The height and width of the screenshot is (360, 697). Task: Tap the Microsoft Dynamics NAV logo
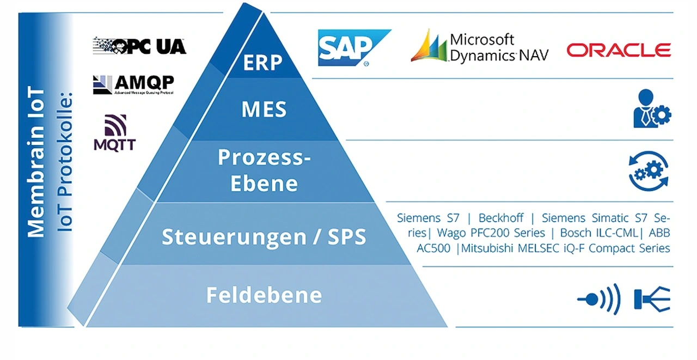coord(479,46)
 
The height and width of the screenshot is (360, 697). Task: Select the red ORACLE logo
coord(619,51)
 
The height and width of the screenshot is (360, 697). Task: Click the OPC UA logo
coord(139,46)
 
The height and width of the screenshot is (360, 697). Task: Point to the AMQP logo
coord(133,84)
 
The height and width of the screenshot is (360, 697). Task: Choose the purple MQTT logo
coord(115,132)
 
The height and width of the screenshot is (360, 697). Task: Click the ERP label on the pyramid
coord(263,63)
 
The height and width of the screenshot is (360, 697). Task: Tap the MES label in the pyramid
coord(264,109)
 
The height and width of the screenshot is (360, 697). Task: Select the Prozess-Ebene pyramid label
coord(264,170)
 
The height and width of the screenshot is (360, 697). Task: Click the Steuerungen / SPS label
coord(264,237)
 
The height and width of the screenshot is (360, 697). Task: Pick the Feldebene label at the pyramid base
coord(264,295)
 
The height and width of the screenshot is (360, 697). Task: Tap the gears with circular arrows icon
coord(649,171)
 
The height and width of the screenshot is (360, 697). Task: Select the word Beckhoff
coord(501,218)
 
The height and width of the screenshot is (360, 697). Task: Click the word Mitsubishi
coord(486,248)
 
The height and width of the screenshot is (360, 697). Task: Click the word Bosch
coord(574,233)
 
